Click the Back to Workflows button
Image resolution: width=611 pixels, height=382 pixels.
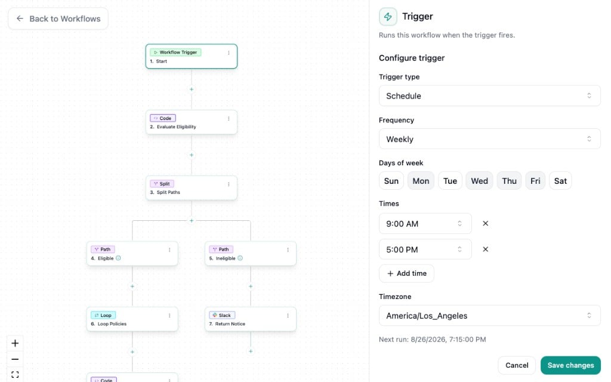point(58,19)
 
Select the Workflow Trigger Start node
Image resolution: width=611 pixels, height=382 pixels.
point(192,57)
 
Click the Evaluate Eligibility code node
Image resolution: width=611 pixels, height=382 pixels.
point(192,122)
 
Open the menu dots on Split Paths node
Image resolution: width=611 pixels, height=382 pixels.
point(229,184)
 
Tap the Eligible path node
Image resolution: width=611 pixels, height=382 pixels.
point(132,253)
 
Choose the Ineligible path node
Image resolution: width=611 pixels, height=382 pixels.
point(251,253)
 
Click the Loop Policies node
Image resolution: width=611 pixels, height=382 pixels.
point(132,319)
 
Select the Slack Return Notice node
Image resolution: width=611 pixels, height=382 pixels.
point(251,319)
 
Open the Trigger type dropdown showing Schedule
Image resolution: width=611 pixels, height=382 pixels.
point(489,96)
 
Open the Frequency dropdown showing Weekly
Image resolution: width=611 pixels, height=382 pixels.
point(489,139)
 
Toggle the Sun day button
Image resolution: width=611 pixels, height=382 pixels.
point(391,181)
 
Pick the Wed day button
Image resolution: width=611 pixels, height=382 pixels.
point(479,181)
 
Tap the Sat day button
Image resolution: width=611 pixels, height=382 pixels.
point(560,181)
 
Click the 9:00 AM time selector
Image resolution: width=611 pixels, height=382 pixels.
point(425,224)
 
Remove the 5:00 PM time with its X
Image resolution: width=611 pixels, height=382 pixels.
point(486,249)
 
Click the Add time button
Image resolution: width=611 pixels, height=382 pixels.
point(406,273)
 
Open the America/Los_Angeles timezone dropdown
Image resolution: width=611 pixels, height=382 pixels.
point(489,316)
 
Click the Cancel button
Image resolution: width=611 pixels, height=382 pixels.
point(517,365)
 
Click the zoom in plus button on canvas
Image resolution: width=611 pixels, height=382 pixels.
point(15,343)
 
